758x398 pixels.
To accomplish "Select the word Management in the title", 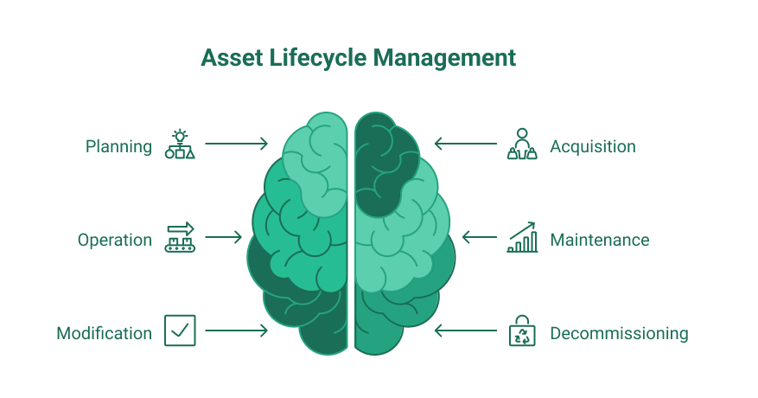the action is [445, 59].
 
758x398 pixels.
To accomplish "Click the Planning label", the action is [118, 147].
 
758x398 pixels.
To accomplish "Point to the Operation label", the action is [115, 241].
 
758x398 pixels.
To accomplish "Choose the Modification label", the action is [104, 333].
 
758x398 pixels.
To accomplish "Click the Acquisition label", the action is [593, 147].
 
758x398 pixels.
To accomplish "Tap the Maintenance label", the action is [600, 240].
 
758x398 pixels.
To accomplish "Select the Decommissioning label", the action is [619, 334].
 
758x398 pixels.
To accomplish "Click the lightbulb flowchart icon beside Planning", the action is [180, 144].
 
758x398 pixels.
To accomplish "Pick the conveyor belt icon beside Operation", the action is [180, 237].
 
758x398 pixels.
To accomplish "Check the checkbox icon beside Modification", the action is [180, 331].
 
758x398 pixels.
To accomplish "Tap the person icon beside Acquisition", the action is [522, 144].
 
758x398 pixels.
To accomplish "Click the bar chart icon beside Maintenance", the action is [522, 237].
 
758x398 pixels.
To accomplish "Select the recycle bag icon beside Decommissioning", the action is [522, 331].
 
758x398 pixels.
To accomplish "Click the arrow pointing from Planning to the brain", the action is [237, 144].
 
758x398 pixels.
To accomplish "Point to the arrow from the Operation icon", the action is [223, 237].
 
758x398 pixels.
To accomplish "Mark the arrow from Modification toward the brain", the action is [237, 331].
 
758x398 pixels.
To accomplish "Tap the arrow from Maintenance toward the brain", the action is [480, 237].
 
